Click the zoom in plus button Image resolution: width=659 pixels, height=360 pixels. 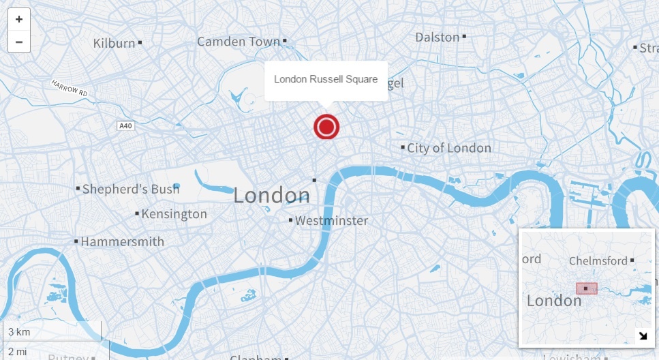point(18,19)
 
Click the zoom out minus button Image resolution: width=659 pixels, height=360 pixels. point(18,42)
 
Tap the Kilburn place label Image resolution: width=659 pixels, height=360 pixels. point(114,43)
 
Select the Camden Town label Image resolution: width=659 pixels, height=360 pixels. point(239,42)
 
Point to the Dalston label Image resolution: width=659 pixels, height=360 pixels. point(437,37)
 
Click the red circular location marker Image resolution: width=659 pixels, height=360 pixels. point(326,127)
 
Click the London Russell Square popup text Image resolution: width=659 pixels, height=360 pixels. point(326,79)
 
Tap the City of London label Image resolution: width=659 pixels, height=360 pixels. point(449,148)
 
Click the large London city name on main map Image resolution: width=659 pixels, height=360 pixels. point(271,196)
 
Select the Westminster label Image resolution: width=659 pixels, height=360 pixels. point(331,221)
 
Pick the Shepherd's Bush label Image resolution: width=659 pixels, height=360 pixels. point(131,189)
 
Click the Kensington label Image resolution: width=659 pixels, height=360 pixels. point(174,214)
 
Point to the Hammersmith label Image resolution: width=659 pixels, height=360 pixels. point(123,241)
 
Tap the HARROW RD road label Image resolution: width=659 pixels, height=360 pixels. point(70,88)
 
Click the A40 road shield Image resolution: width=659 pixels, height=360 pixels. point(125,126)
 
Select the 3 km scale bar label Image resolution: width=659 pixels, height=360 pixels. point(18,332)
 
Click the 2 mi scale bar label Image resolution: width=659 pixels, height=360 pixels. point(17,352)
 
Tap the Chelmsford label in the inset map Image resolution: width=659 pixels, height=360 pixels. point(598,261)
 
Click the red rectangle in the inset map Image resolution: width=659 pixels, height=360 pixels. point(587,288)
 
